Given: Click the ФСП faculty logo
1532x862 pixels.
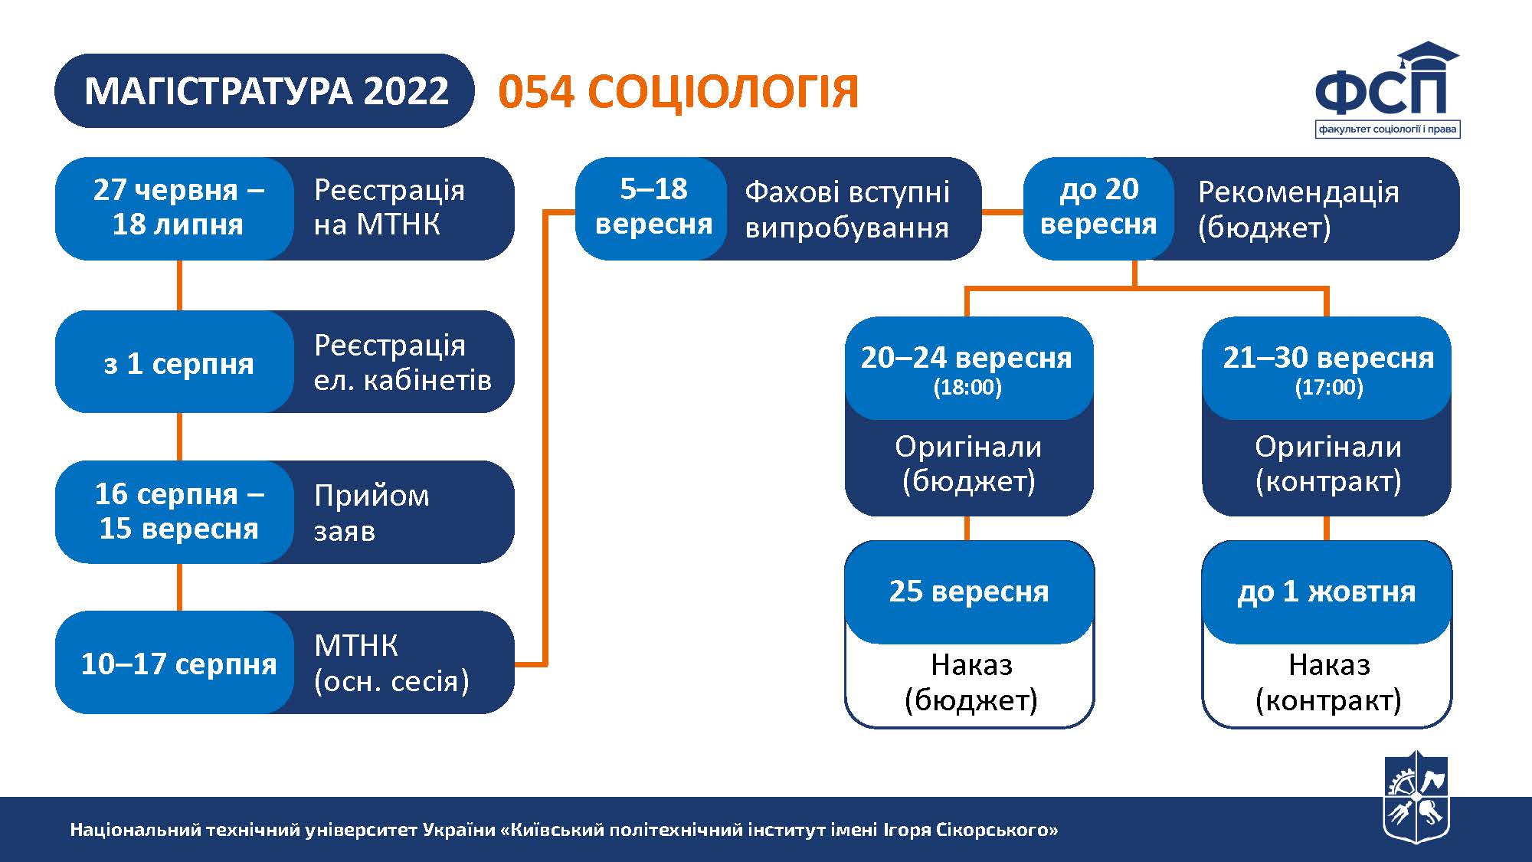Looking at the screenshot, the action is pyautogui.click(x=1387, y=90).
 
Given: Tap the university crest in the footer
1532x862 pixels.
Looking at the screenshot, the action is pyautogui.click(x=1416, y=797).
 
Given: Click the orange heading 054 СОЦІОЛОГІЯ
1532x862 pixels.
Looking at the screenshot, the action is pyautogui.click(x=679, y=92).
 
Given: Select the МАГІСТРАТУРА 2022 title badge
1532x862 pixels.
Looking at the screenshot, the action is pyautogui.click(x=265, y=90).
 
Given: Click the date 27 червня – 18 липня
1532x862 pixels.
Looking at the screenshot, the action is pyautogui.click(x=178, y=207).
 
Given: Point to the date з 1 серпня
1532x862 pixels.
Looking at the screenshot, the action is pyautogui.click(x=178, y=363).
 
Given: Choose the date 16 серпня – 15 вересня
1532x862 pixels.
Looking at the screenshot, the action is pyautogui.click(x=178, y=511).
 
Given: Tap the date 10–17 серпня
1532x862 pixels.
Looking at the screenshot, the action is pyautogui.click(x=178, y=664).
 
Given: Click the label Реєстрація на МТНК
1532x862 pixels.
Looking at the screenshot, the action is pyautogui.click(x=389, y=207).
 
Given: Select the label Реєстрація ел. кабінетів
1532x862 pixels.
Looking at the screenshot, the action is pyautogui.click(x=402, y=362).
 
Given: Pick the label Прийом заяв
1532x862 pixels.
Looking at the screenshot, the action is pyautogui.click(x=372, y=512).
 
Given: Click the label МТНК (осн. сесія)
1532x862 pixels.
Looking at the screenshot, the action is pyautogui.click(x=391, y=664).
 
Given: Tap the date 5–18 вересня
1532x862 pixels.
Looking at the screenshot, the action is pyautogui.click(x=653, y=206).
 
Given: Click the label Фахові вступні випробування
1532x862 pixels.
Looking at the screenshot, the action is pyautogui.click(x=847, y=209).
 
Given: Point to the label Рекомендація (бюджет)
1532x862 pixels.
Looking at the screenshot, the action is pyautogui.click(x=1298, y=209).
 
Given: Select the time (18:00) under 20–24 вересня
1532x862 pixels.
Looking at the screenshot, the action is pyautogui.click(x=967, y=387).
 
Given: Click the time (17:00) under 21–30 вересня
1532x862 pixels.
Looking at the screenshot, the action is pyautogui.click(x=1329, y=387).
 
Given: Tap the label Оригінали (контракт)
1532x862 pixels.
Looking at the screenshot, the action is pyautogui.click(x=1328, y=464).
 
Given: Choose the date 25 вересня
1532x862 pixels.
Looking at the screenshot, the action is pyautogui.click(x=969, y=592).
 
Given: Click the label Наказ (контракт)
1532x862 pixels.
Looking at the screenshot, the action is pyautogui.click(x=1328, y=682).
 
